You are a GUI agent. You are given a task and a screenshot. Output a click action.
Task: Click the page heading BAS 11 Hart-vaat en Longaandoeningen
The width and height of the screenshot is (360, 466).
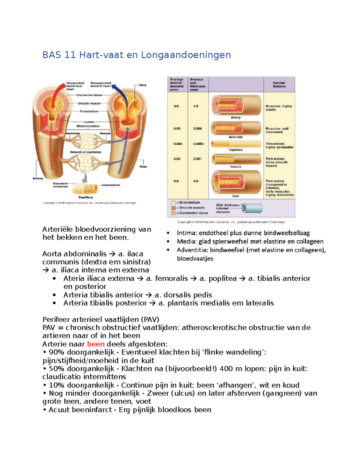point(136,55)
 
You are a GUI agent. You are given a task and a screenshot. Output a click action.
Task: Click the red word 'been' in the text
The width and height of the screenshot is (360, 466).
point(96,344)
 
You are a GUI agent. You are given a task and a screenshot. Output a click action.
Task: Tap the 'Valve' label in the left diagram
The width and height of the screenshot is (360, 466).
point(142,85)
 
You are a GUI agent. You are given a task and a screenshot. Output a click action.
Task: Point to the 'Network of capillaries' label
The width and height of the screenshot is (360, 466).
point(85,152)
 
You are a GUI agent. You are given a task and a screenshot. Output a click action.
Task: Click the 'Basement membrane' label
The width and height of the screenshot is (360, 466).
point(60,185)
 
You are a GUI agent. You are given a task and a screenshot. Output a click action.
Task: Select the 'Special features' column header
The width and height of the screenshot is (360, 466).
point(279,85)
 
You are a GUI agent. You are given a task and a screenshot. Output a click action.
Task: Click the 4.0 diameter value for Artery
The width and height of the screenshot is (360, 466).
point(176,106)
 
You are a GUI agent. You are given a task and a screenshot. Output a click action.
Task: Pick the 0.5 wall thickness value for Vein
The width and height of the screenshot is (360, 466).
point(196,181)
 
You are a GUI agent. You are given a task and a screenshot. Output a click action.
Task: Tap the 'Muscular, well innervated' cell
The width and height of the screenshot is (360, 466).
point(277,130)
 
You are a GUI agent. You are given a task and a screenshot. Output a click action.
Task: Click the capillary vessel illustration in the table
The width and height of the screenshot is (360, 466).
point(236,144)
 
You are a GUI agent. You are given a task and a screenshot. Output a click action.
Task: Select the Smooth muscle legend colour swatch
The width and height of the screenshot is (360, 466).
point(173,208)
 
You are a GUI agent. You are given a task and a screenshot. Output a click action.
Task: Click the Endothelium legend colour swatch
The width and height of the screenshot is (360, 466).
point(173,203)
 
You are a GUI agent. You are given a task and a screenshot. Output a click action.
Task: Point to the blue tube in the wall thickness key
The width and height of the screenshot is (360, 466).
point(253,208)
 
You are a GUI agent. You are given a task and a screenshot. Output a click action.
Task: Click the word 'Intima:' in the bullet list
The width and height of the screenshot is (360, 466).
point(187,233)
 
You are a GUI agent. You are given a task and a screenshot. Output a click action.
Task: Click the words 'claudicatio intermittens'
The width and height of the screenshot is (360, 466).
point(84,377)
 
